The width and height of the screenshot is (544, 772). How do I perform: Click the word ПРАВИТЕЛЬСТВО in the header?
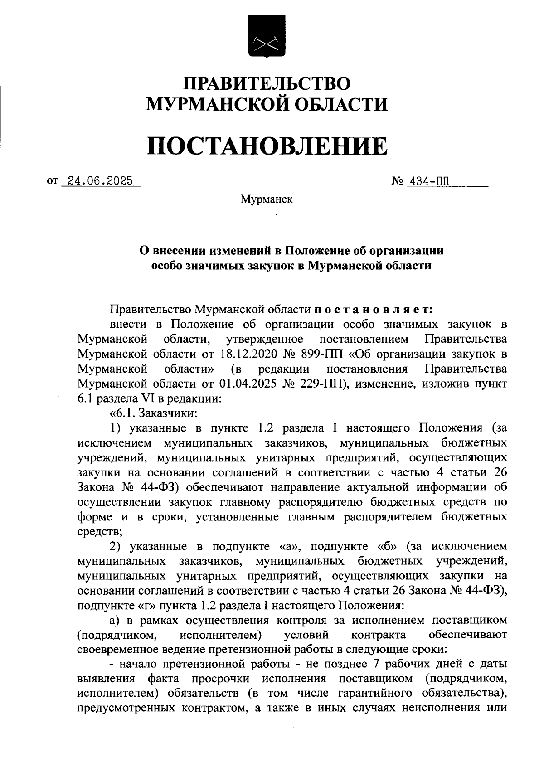click(267, 84)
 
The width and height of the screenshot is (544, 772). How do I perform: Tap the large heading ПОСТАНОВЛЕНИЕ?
click(267, 146)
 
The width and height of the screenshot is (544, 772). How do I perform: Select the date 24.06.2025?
click(100, 181)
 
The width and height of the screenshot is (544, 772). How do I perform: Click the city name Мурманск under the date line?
click(267, 199)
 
